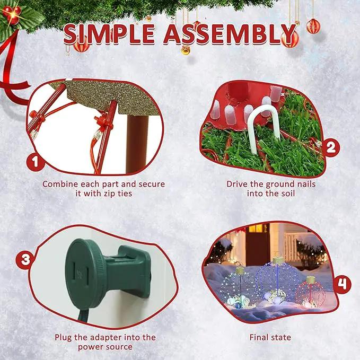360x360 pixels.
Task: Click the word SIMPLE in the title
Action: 109,34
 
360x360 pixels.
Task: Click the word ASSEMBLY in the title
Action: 230,34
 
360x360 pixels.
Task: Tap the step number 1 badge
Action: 35,162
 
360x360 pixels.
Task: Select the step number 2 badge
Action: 330,147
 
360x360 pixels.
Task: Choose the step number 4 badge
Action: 342,285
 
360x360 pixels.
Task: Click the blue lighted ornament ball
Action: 278,280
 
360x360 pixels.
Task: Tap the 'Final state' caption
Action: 270,337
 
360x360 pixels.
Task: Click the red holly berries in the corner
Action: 12,14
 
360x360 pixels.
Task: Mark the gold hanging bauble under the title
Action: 186,50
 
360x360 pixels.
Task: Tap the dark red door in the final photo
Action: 257,248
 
